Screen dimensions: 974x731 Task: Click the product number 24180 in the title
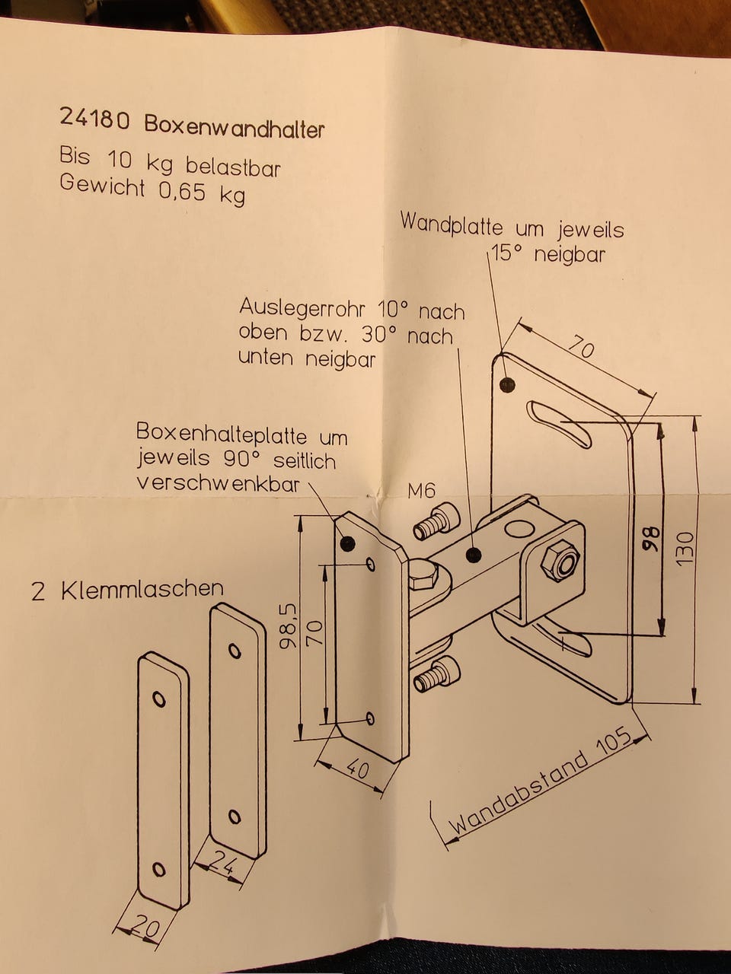(x=95, y=119)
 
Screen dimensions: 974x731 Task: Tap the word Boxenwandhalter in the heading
(x=234, y=126)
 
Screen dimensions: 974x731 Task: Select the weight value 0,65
(x=182, y=190)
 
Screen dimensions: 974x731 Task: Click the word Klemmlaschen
(x=142, y=589)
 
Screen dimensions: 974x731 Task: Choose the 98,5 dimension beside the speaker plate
(x=287, y=625)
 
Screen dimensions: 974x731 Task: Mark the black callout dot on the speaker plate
(x=349, y=543)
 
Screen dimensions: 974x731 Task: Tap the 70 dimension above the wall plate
(x=580, y=349)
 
